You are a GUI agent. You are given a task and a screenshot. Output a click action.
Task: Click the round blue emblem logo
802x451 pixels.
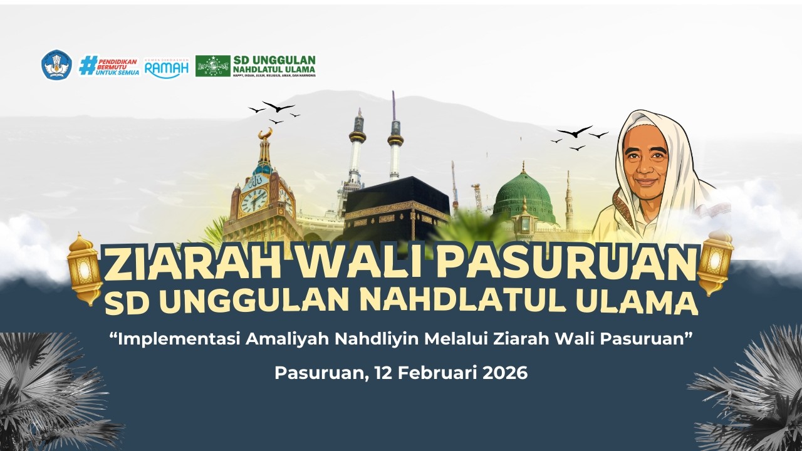pos(56,65)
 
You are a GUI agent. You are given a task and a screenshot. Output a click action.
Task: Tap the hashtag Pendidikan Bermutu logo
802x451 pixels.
pos(109,65)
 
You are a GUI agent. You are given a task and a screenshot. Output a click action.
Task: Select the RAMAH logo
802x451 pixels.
pos(166,66)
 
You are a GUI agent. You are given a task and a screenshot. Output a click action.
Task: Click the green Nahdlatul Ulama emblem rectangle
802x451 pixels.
pos(212,66)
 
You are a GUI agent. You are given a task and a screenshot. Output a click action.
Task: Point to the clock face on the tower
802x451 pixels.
pos(254,200)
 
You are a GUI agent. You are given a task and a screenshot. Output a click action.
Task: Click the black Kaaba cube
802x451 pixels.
pos(396,207)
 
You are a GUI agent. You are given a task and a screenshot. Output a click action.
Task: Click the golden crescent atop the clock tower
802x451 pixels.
pos(266,133)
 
